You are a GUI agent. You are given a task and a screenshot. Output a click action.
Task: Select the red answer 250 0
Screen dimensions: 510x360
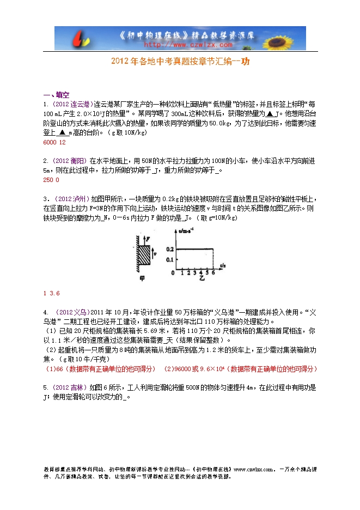coord(50,180)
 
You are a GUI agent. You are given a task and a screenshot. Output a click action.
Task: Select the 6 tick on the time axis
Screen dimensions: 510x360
coord(213,272)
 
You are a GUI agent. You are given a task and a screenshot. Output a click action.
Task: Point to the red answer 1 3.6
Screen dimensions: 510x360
coord(51,293)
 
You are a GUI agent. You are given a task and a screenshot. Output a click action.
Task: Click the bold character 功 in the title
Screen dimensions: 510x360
coord(246,62)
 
